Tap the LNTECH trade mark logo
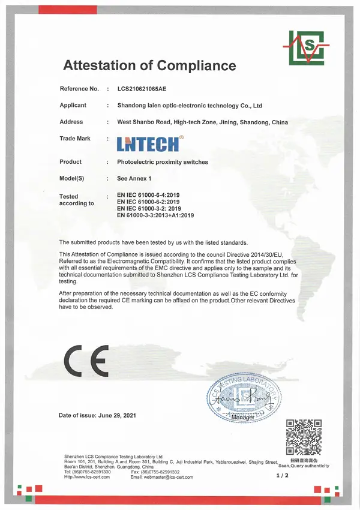click(x=147, y=143)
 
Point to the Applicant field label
click(x=73, y=105)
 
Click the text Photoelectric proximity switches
click(x=163, y=162)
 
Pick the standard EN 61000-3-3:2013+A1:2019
click(x=155, y=215)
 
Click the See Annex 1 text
click(x=135, y=179)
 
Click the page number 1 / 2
click(x=282, y=476)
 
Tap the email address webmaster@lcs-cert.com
click(x=169, y=477)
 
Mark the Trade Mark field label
click(x=75, y=139)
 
